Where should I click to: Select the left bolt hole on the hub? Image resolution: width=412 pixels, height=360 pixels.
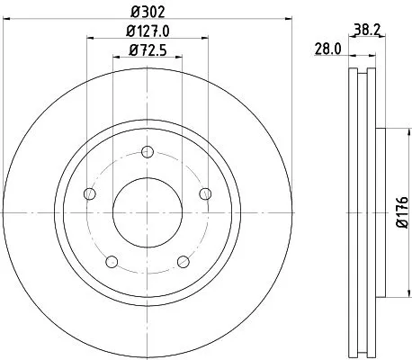coord(88,194)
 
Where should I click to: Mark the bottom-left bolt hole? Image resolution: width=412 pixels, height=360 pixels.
coord(111,262)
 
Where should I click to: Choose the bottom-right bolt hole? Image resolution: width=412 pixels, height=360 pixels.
coord(183,262)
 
